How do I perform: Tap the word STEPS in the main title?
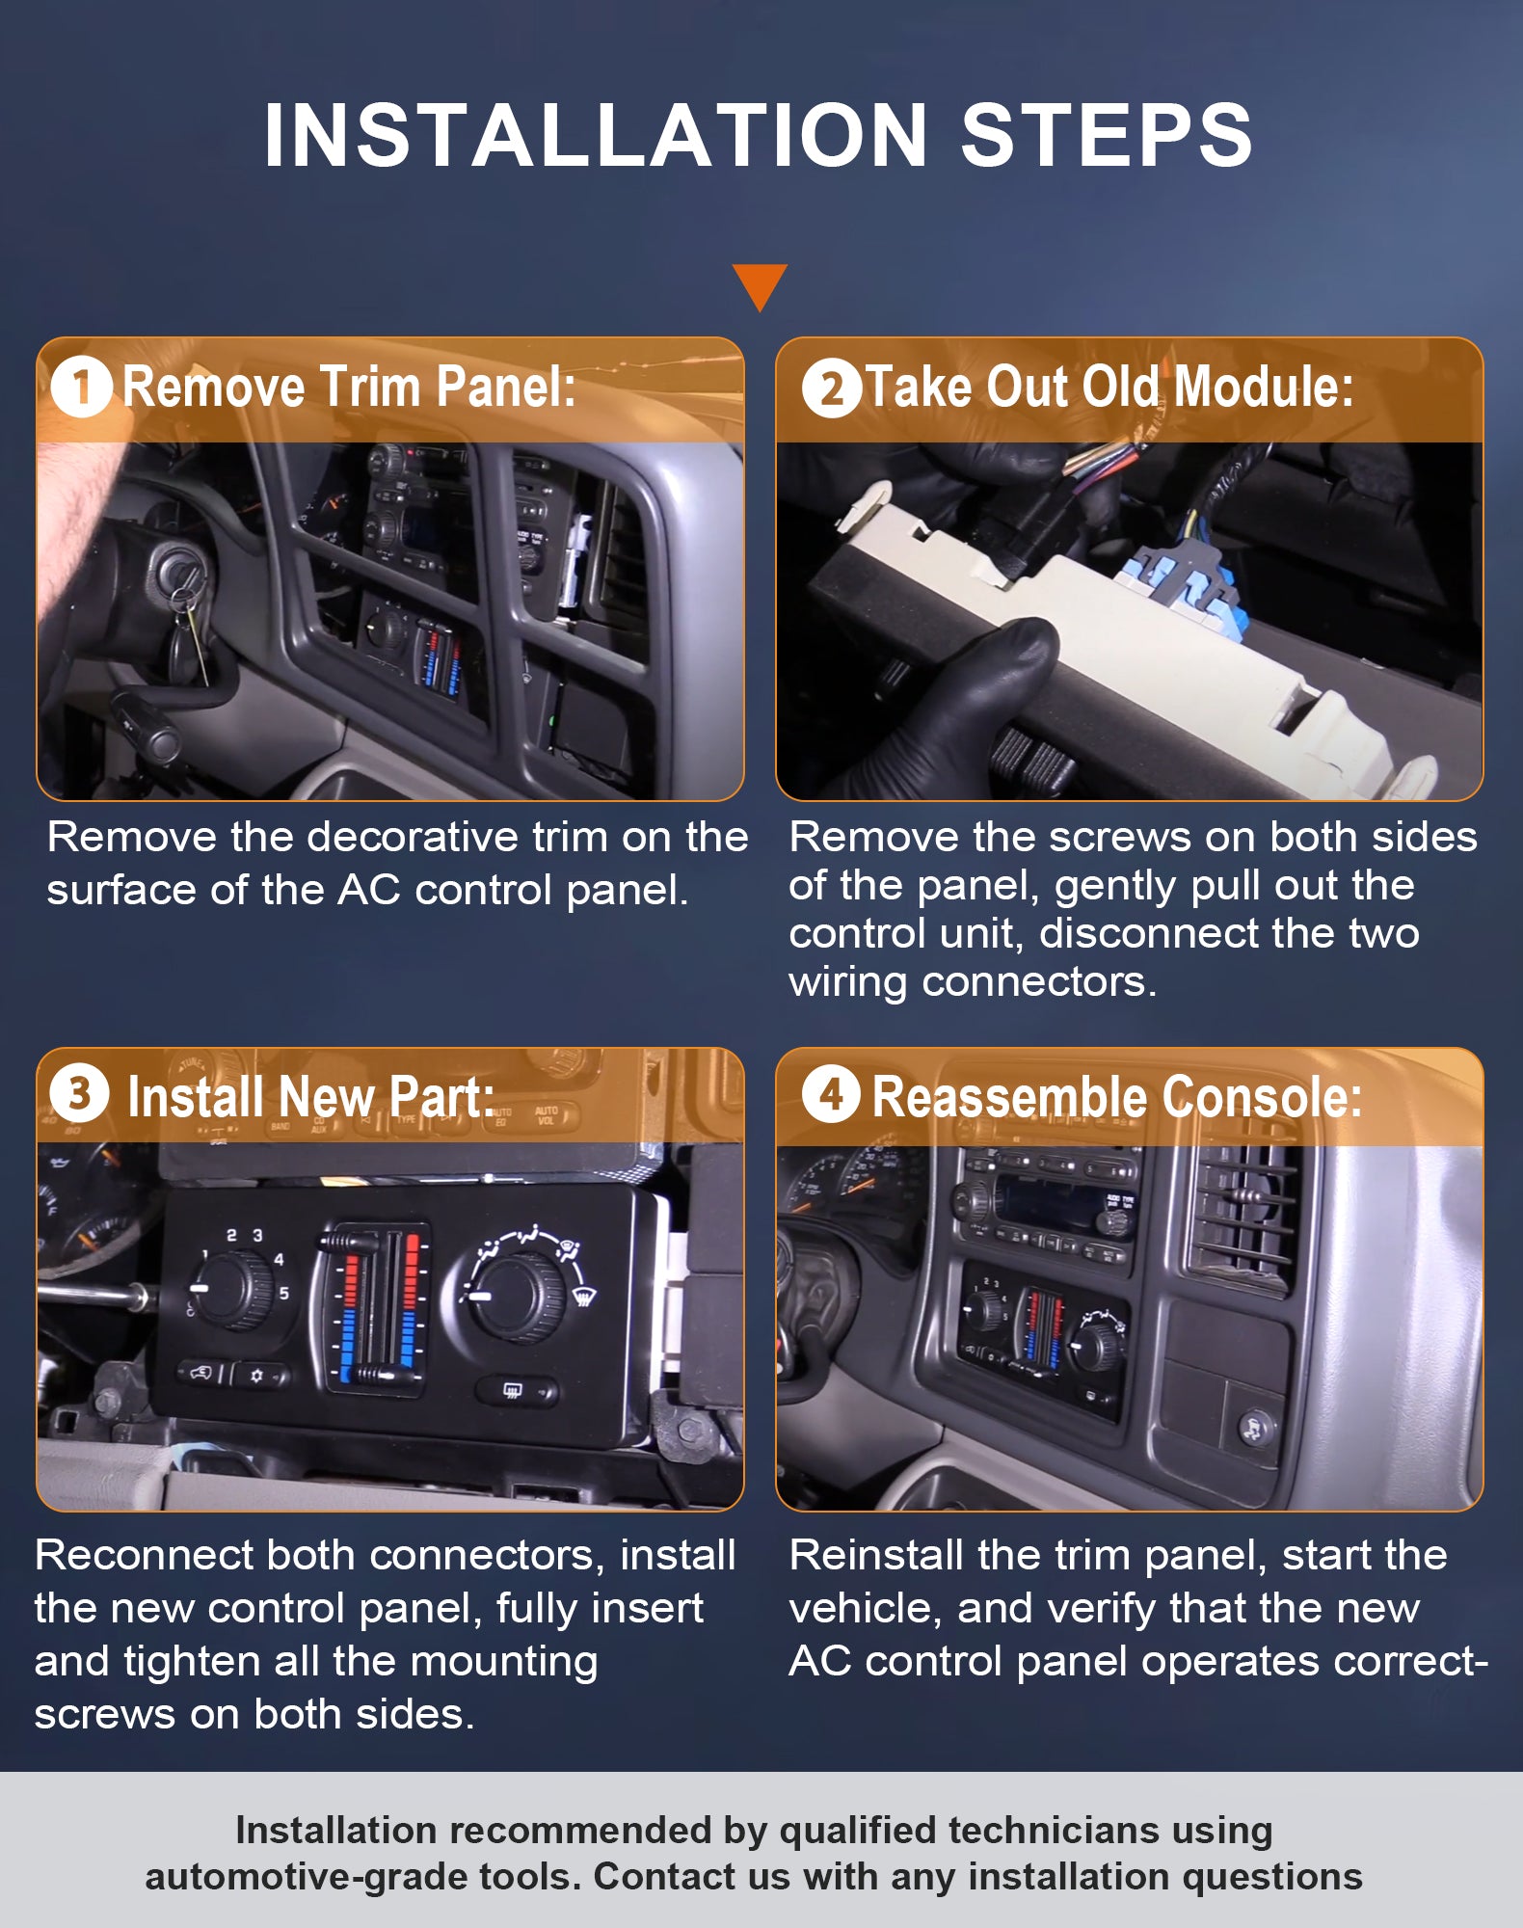pos(1107,135)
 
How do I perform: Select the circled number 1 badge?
pos(81,388)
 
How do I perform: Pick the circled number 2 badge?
pos(831,388)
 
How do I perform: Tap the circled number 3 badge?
pos(79,1093)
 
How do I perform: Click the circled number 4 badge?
pos(831,1094)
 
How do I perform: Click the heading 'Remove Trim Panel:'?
pos(349,388)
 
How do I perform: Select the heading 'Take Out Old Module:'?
pos(1109,388)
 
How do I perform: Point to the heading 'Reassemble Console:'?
pos(1117,1096)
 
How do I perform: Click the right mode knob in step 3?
pos(517,1295)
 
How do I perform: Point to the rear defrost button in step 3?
pos(517,1390)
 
